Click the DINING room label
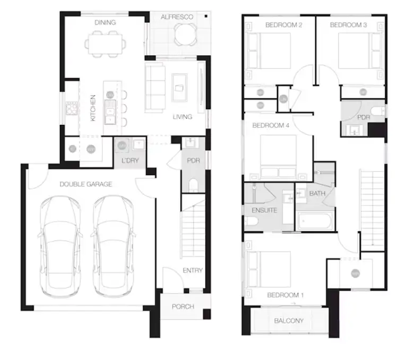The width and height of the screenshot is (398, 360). [x=105, y=22]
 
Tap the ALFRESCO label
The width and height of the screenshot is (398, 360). [x=177, y=17]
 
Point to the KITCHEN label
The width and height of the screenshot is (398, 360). [x=93, y=108]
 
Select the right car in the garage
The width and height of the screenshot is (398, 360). [x=113, y=244]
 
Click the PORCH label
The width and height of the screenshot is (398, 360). [x=183, y=306]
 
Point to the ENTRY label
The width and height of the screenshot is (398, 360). [x=192, y=270]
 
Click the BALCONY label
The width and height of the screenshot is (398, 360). [x=289, y=321]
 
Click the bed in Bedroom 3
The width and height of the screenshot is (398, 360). [x=360, y=51]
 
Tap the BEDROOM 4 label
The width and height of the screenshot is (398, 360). [x=271, y=126]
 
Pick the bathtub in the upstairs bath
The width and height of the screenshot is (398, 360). [x=315, y=220]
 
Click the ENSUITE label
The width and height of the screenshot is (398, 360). [x=264, y=210]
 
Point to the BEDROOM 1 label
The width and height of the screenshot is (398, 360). [x=285, y=295]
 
